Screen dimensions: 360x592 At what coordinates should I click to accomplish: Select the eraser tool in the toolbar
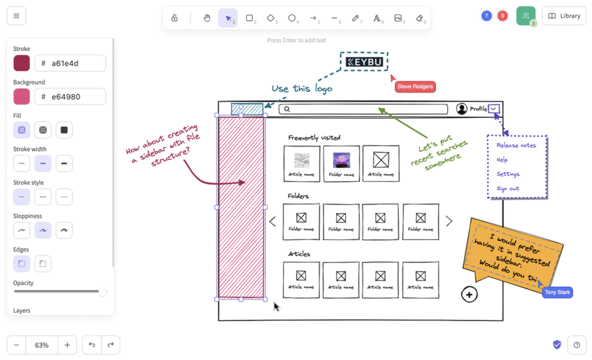(420, 18)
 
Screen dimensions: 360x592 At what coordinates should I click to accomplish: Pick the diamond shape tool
(271, 18)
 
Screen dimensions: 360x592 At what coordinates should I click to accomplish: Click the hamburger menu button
(16, 16)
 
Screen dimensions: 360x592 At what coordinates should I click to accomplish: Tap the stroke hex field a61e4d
(70, 63)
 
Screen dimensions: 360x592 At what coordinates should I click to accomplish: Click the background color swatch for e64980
(21, 96)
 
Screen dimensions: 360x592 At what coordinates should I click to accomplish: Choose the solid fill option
(64, 130)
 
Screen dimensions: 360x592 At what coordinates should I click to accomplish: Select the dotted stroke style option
(64, 197)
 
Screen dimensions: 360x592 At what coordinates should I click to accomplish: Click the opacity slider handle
(103, 292)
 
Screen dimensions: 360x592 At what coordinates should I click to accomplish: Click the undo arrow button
(92, 345)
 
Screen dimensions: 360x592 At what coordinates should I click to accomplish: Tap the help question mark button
(577, 345)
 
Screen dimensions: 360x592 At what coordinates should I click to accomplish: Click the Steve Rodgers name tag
(415, 87)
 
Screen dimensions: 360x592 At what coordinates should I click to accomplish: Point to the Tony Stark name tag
(557, 292)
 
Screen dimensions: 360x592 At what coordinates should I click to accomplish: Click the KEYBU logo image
(364, 62)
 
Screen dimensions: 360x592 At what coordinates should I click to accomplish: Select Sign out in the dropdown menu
(508, 188)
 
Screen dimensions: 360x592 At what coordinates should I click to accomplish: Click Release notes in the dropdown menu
(516, 145)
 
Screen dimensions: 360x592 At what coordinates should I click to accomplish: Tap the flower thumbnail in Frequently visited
(341, 160)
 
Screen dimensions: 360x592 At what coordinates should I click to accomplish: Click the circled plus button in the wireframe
(469, 295)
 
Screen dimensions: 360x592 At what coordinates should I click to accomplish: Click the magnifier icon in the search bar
(287, 109)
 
